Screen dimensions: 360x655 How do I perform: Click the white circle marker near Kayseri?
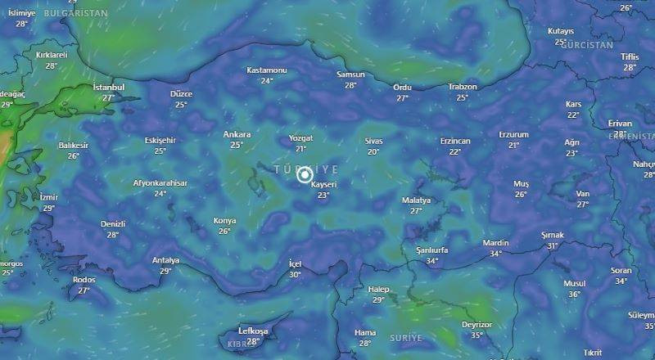[305, 174]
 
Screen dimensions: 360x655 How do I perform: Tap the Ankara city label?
[237, 134]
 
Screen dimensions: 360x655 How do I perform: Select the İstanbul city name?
[108, 87]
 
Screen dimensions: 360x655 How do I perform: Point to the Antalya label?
[165, 260]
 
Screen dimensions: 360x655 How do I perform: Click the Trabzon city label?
[462, 87]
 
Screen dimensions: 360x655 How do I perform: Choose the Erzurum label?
[513, 134]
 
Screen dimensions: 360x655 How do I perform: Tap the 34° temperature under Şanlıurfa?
[431, 262]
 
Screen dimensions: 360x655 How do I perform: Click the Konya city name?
[224, 220]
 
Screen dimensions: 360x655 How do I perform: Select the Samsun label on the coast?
[350, 74]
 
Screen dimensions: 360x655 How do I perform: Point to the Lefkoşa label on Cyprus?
[253, 331]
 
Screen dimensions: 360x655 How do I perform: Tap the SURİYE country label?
[406, 338]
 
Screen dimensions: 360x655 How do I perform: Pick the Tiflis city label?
[629, 56]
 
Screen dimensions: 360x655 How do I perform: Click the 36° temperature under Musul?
[574, 295]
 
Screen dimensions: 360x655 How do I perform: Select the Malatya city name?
[416, 200]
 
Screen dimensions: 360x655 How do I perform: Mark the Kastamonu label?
[266, 70]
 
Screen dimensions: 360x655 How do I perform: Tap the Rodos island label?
[84, 279]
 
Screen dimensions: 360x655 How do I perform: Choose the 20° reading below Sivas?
[373, 151]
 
